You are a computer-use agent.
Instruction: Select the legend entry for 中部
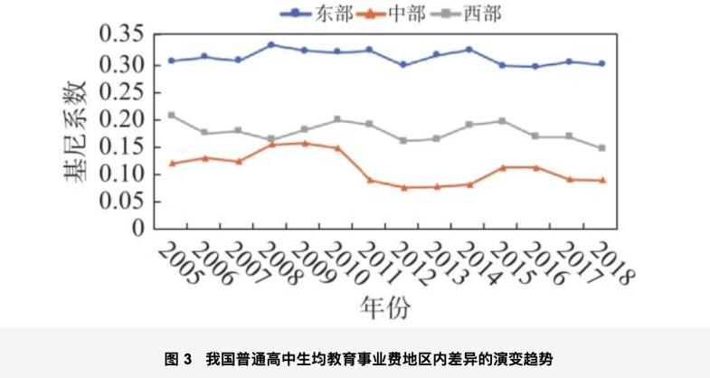coord(402,12)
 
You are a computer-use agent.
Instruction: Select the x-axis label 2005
coord(178,265)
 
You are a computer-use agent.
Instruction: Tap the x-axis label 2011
coord(378,265)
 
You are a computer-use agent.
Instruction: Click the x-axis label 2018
coord(611,265)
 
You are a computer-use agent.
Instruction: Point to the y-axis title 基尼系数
coord(76,132)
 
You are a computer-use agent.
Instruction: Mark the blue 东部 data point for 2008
coord(271,44)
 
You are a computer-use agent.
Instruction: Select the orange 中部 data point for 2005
coord(172,163)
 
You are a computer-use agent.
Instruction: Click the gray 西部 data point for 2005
coord(172,116)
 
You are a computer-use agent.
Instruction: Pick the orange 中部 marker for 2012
coord(402,188)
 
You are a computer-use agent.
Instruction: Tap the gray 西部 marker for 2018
coord(601,147)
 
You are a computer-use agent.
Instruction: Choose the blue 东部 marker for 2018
coord(601,64)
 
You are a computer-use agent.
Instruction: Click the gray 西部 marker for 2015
coord(502,120)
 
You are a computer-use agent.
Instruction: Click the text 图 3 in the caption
coord(179,358)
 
